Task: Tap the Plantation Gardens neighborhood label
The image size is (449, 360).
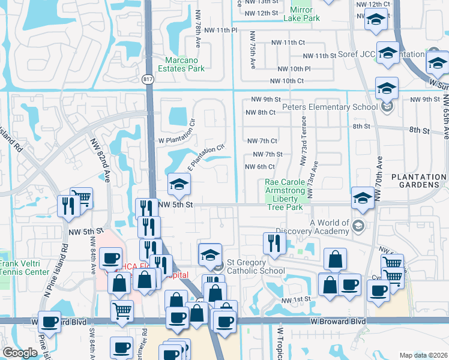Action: click(x=418, y=181)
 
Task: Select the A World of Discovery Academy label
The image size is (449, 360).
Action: click(x=330, y=226)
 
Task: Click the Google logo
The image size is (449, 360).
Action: click(x=20, y=353)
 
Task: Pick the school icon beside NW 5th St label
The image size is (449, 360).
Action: click(x=178, y=185)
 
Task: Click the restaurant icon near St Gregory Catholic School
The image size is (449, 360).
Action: click(x=273, y=243)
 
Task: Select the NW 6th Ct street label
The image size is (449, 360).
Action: click(x=260, y=167)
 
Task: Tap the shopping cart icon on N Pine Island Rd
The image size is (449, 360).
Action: click(x=82, y=197)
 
